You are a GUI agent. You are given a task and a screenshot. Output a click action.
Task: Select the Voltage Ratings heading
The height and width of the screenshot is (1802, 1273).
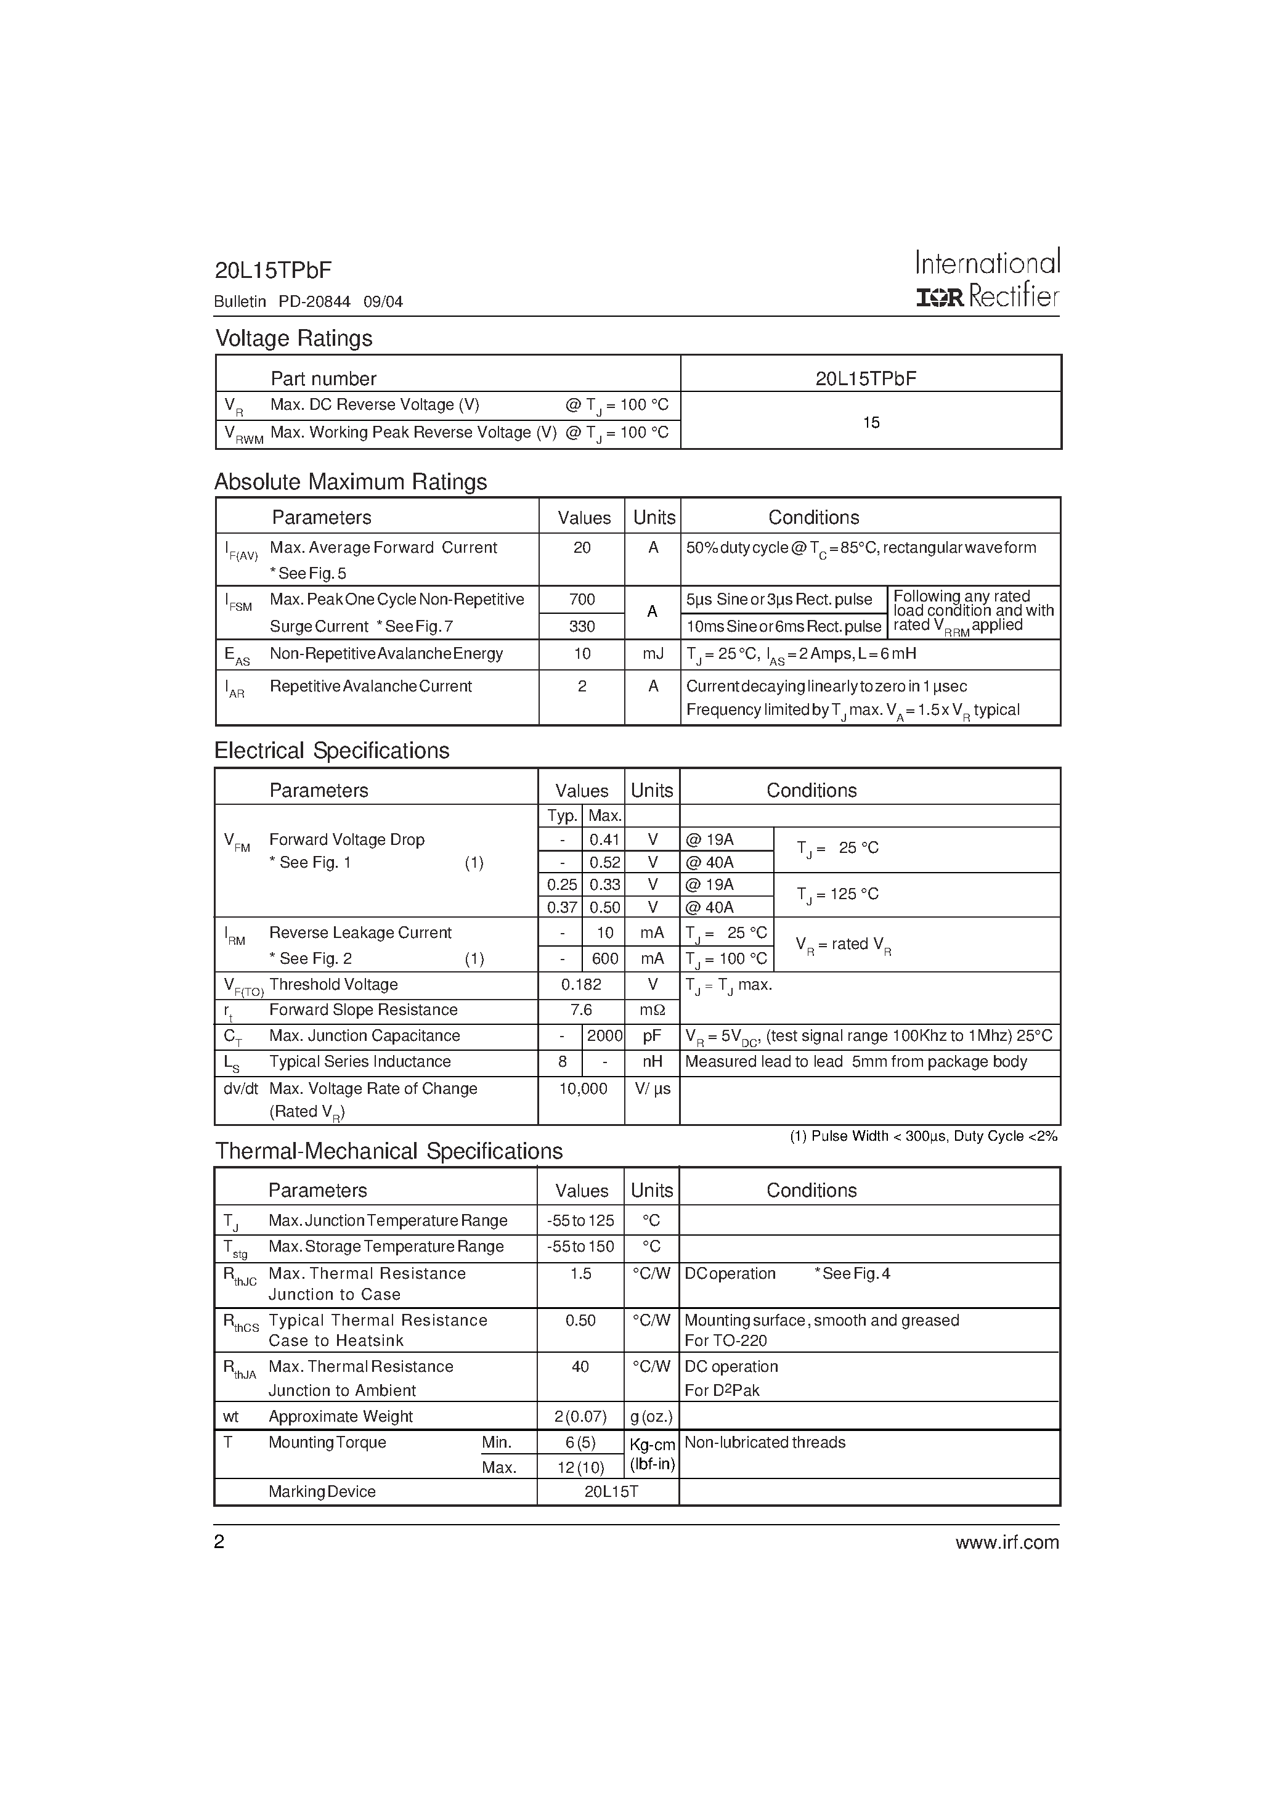pyautogui.click(x=293, y=338)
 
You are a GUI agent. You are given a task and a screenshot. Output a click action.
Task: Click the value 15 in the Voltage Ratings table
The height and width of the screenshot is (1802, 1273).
pyautogui.click(x=871, y=422)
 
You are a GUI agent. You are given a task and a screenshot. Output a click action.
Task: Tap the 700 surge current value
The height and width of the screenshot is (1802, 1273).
pyautogui.click(x=582, y=600)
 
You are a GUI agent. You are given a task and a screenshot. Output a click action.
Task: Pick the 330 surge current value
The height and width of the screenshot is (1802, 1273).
pyautogui.click(x=582, y=626)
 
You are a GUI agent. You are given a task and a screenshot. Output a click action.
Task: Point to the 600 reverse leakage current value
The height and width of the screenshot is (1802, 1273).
pyautogui.click(x=604, y=958)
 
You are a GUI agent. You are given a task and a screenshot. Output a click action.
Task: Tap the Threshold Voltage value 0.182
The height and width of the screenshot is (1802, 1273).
pyautogui.click(x=582, y=985)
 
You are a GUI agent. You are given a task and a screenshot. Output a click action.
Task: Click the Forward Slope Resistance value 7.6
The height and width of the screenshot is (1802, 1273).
pyautogui.click(x=582, y=1010)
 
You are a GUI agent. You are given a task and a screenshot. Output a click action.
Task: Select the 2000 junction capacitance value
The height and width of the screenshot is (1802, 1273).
pyautogui.click(x=604, y=1036)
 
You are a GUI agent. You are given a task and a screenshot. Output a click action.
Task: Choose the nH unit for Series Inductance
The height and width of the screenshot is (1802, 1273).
pyautogui.click(x=652, y=1062)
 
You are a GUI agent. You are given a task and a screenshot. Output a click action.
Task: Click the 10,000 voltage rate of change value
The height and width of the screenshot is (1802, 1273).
pyautogui.click(x=582, y=1088)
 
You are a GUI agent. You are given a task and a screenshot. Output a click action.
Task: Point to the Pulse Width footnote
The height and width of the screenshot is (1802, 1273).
pyautogui.click(x=924, y=1136)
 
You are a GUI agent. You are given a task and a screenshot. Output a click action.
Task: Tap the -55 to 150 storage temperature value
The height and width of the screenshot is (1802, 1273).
pyautogui.click(x=581, y=1246)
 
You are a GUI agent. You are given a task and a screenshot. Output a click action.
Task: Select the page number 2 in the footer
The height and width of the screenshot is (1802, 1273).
pyautogui.click(x=220, y=1542)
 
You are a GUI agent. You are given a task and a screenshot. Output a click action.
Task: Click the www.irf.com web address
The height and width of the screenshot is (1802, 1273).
pyautogui.click(x=1007, y=1542)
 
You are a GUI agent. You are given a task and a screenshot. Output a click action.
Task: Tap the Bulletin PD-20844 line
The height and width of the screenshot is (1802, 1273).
pyautogui.click(x=309, y=301)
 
